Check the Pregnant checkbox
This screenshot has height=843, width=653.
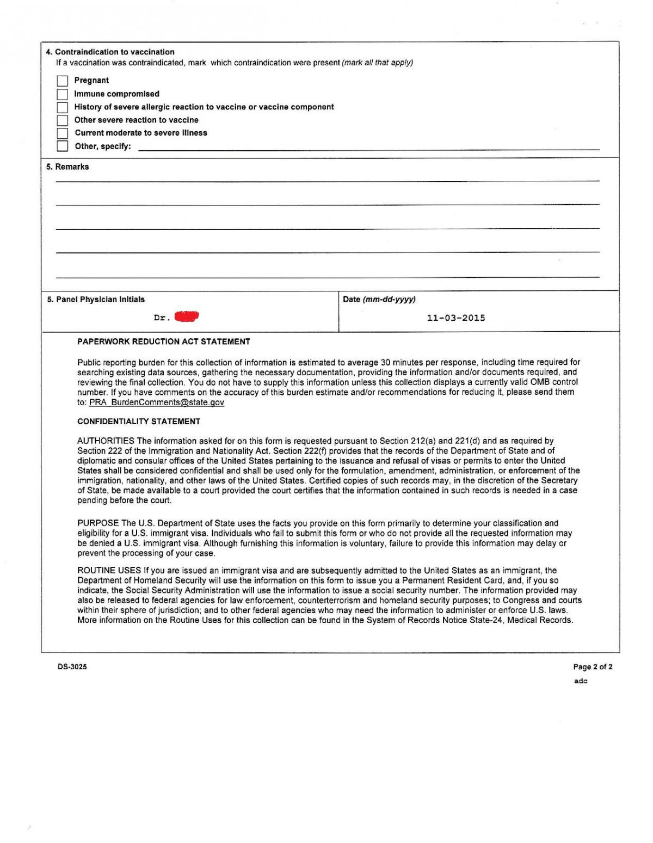click(x=63, y=81)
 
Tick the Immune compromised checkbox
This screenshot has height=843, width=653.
click(x=63, y=94)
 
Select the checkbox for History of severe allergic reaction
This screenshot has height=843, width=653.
click(x=63, y=107)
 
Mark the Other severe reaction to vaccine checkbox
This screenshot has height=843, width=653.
click(x=63, y=120)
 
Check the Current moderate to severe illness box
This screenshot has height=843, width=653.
click(x=63, y=133)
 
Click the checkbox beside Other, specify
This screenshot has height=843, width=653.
click(x=63, y=146)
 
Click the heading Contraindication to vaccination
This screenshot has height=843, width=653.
click(x=114, y=52)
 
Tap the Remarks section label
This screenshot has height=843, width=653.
click(x=71, y=167)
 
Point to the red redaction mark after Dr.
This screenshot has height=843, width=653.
click(x=187, y=315)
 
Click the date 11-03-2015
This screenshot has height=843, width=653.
click(x=456, y=318)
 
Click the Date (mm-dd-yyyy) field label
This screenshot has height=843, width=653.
click(x=379, y=300)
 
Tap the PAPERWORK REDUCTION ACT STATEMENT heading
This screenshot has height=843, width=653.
click(x=164, y=341)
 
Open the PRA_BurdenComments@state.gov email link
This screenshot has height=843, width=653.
click(x=156, y=402)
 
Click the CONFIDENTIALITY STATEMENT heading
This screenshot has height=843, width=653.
click(x=139, y=421)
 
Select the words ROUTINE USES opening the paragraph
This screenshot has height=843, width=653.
click(x=109, y=571)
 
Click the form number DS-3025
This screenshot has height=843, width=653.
click(x=72, y=667)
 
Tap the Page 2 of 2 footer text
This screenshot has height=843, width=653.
click(x=593, y=667)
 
